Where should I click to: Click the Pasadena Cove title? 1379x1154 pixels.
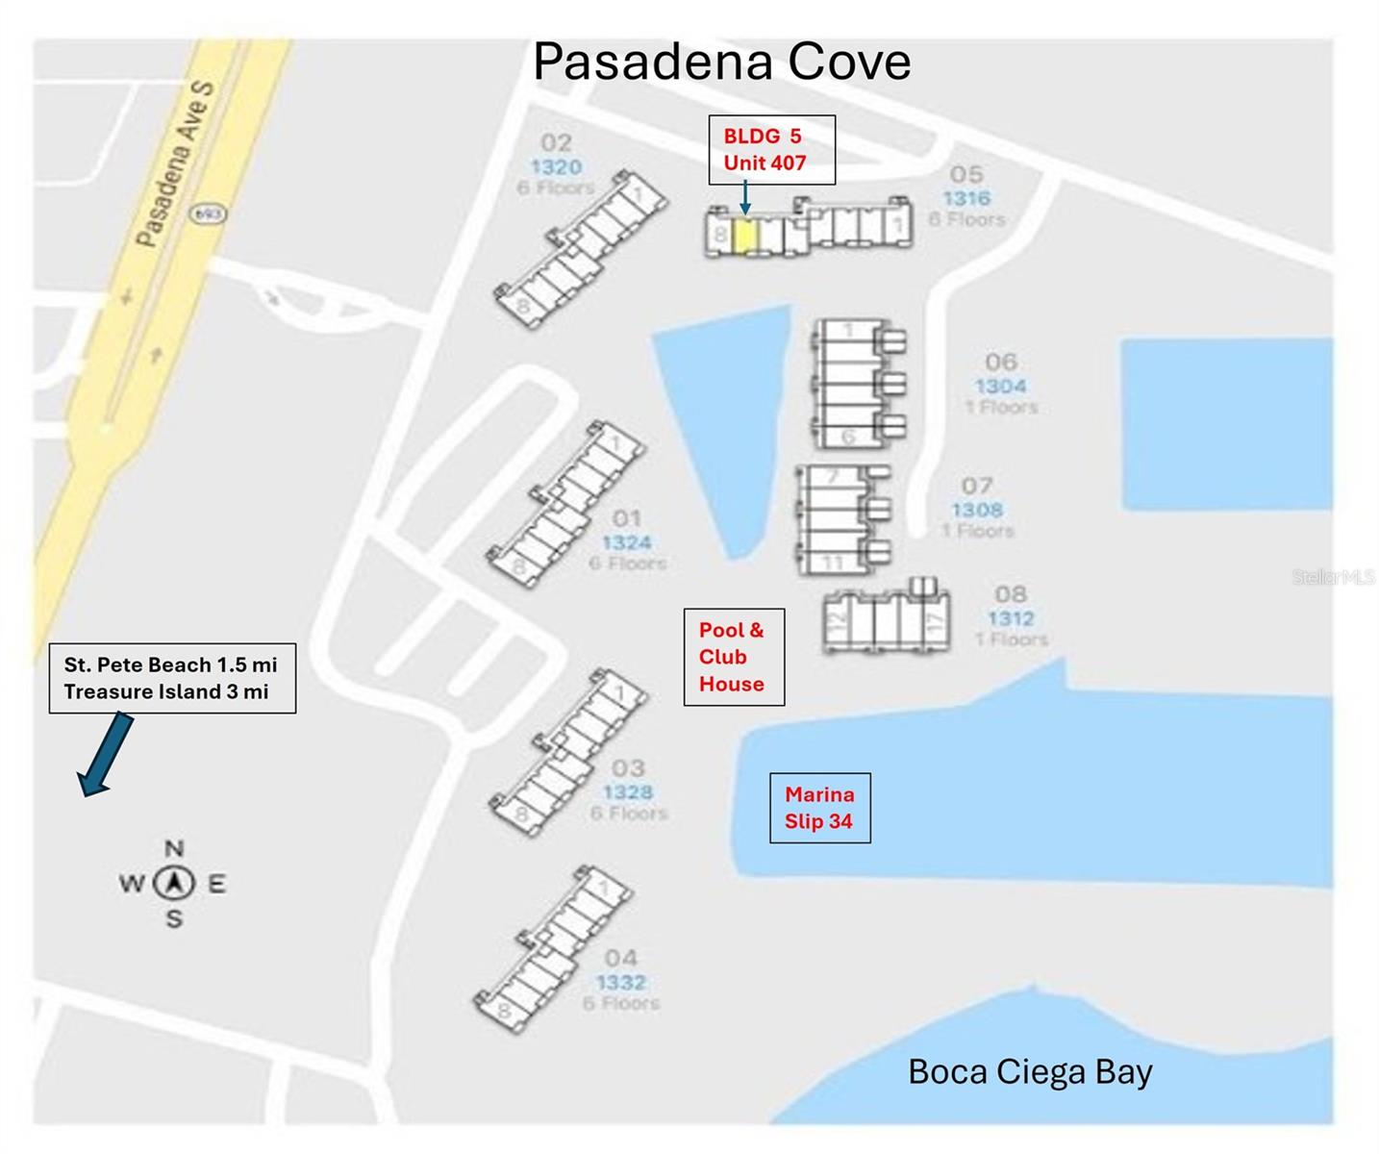[721, 63]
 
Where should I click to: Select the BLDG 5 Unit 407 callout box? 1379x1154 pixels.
[771, 150]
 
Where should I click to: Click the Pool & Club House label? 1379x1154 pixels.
[733, 657]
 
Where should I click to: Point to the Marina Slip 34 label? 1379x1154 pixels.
[819, 808]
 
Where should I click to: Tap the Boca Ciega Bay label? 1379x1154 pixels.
[1029, 1071]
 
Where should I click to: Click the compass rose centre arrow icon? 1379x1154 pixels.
[174, 883]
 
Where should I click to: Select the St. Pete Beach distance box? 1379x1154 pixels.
[172, 678]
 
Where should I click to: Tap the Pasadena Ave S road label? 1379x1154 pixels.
[176, 163]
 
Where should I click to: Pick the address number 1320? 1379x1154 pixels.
[556, 167]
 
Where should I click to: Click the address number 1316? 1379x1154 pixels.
[966, 198]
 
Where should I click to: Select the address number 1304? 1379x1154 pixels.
[1000, 387]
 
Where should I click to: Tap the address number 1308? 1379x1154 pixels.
[977, 510]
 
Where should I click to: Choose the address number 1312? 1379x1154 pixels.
[1011, 618]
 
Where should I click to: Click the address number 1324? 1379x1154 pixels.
[627, 543]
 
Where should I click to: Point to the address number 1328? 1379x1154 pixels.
[628, 792]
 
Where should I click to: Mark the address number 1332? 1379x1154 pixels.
[621, 982]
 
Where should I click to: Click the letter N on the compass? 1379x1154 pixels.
[174, 848]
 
